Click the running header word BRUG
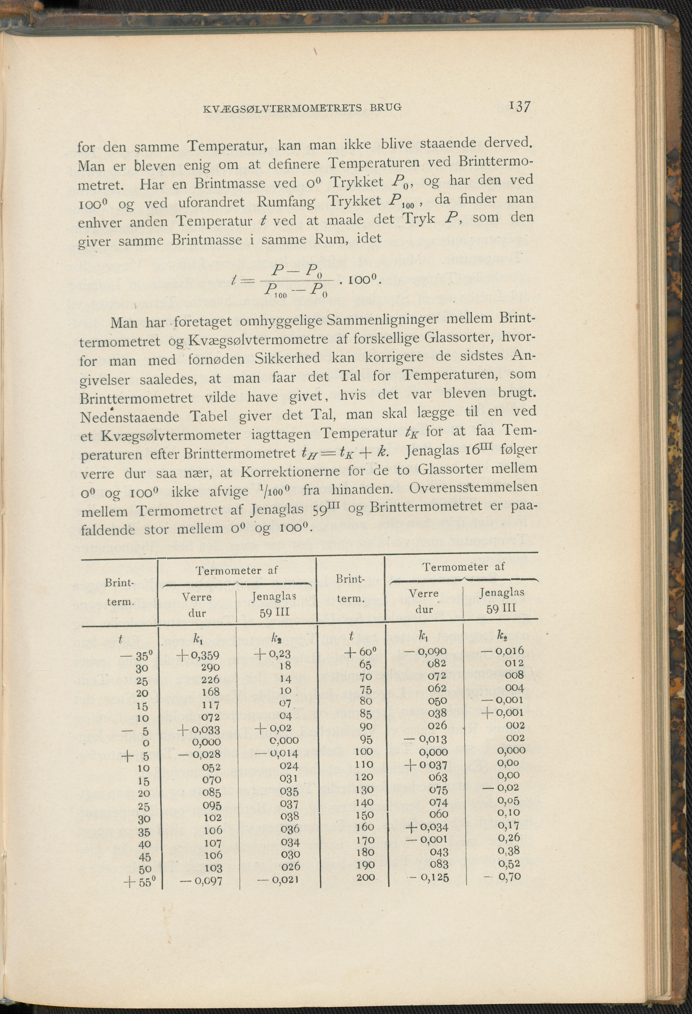coord(386,107)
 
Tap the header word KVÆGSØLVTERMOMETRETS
coord(282,108)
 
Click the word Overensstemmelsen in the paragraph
coord(473,487)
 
